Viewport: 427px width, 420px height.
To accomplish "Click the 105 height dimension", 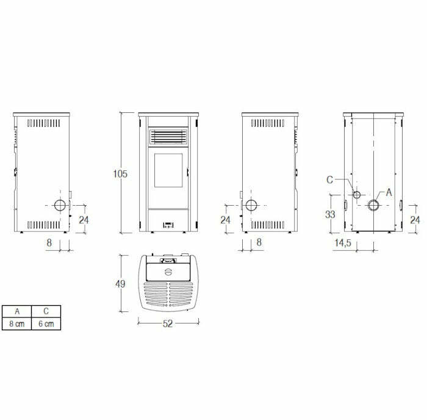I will point(120,174).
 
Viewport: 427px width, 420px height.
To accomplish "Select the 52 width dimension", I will point(168,324).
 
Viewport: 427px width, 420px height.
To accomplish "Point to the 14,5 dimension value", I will point(342,243).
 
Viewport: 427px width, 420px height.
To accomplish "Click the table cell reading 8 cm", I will point(17,324).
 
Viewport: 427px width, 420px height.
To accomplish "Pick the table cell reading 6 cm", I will point(46,324).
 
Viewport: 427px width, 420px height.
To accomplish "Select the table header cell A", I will point(17,311).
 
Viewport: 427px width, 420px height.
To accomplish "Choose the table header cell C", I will point(46,311).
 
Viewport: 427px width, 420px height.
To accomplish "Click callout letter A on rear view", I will point(388,192).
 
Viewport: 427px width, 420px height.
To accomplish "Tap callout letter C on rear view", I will point(329,179).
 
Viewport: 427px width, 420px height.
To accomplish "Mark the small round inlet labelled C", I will point(357,195).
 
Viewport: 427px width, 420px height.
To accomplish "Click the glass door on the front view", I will point(168,171).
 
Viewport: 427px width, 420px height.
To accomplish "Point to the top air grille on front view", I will point(168,137).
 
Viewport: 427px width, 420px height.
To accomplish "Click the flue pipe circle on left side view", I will point(60,205).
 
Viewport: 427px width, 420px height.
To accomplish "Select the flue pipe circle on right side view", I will point(251,205).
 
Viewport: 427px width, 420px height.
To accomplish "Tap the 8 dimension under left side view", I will point(49,242).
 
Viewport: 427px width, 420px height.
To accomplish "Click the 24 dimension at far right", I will point(415,219).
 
